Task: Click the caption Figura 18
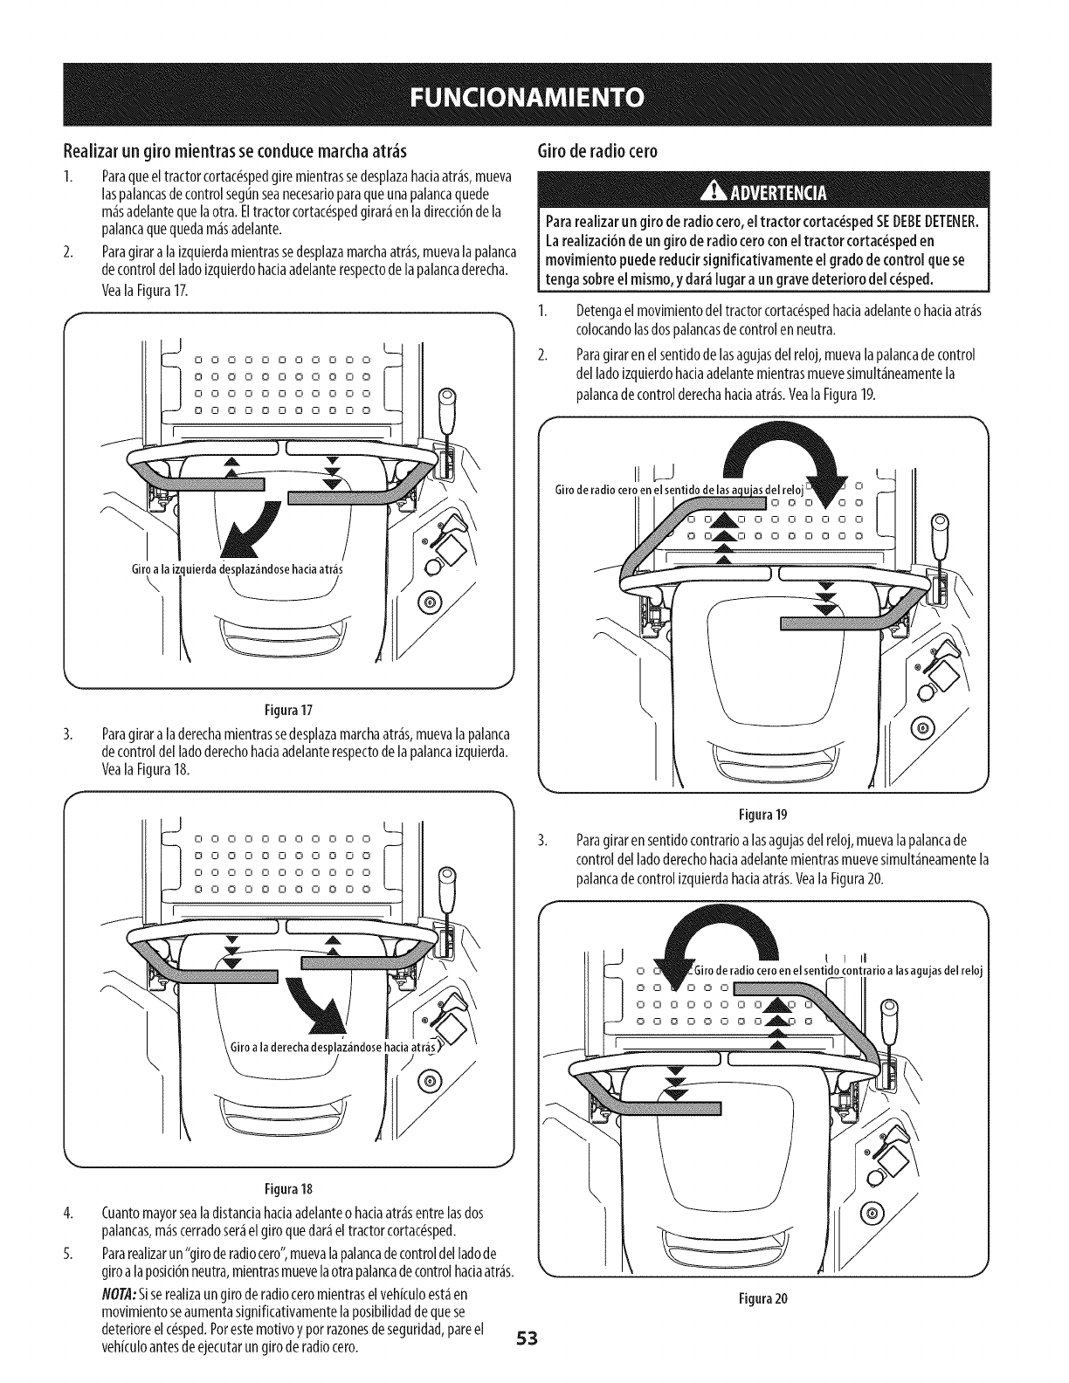287,1189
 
